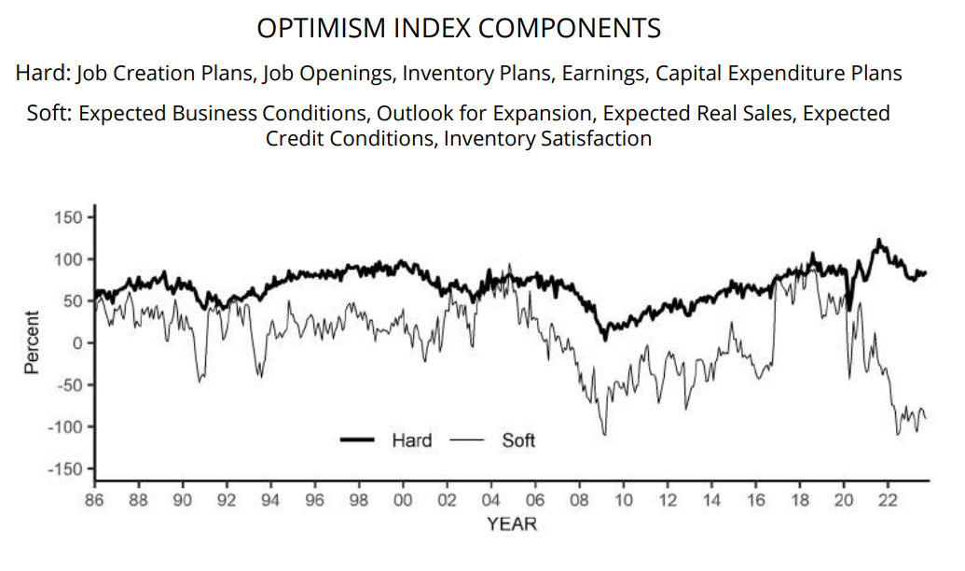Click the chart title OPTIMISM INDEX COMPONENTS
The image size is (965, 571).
point(459,29)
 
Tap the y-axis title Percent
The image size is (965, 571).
point(32,342)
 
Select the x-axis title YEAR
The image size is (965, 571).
point(512,524)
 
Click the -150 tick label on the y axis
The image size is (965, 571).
point(69,468)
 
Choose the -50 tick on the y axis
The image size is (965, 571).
point(72,384)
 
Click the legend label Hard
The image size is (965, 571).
point(411,439)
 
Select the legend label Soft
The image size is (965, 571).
point(518,439)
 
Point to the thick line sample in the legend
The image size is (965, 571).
point(358,439)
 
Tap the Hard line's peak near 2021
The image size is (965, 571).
point(878,240)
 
